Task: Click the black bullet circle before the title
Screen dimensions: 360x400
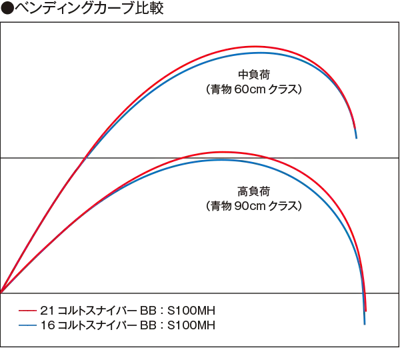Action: (x=7, y=10)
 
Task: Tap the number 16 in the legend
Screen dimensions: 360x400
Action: (x=47, y=325)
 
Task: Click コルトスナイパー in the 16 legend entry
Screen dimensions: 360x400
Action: (x=93, y=325)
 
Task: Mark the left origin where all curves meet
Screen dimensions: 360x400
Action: (x=1, y=292)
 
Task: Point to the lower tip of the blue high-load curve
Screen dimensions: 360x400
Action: (x=365, y=323)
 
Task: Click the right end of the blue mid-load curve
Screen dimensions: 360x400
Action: (x=357, y=137)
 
